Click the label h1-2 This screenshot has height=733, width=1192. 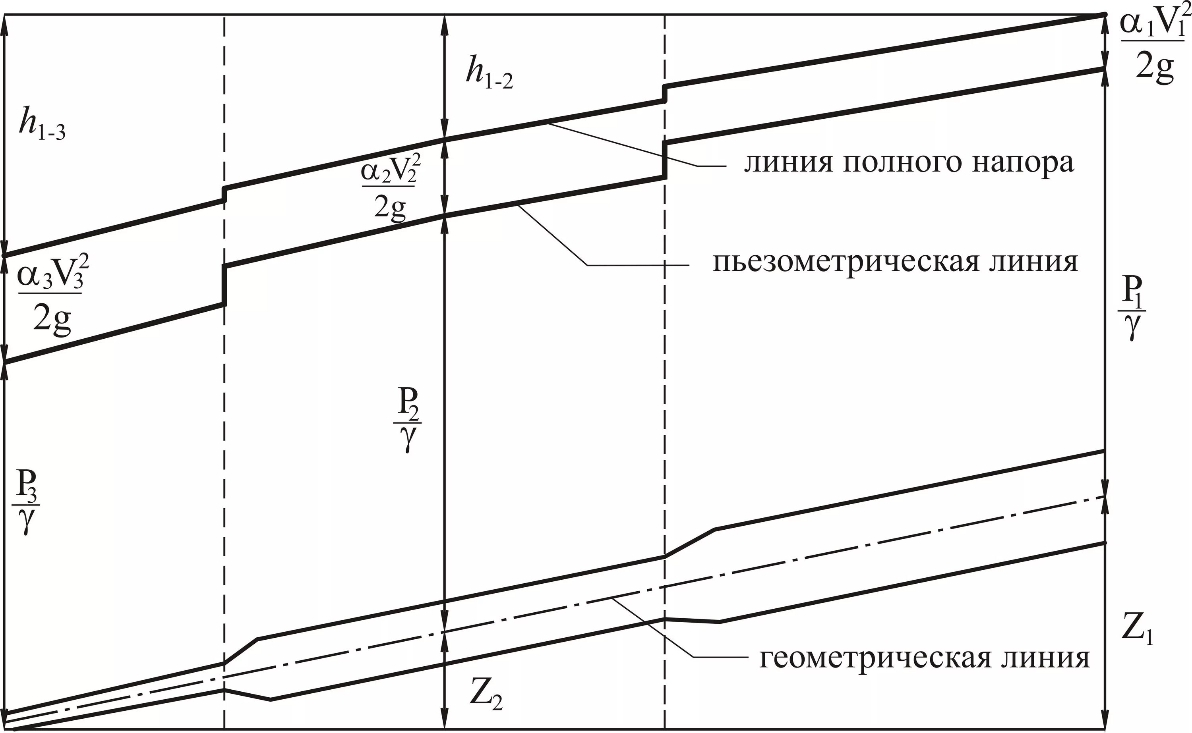coord(489,74)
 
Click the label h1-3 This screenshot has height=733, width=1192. coord(42,125)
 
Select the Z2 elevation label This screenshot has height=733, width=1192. coord(486,698)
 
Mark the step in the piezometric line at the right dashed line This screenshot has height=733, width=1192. coord(665,160)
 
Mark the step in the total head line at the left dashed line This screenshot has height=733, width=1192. coord(224,194)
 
